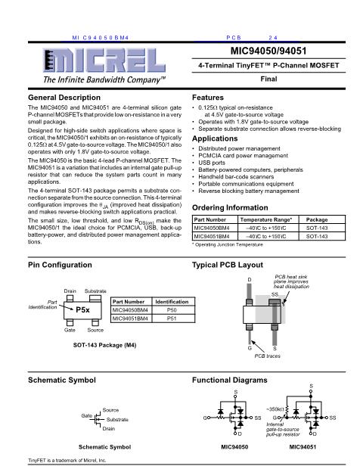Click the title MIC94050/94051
(268, 51)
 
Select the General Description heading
(64, 98)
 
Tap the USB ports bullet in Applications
(212, 163)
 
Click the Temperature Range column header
(266, 219)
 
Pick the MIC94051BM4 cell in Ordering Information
(212, 236)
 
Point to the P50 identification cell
(172, 310)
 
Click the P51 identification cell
(172, 318)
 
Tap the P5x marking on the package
(82, 309)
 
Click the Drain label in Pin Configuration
(70, 291)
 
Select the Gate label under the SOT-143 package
(70, 330)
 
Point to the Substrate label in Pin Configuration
(95, 291)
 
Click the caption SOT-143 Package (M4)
(104, 345)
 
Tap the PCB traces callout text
(267, 356)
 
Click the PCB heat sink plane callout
(291, 281)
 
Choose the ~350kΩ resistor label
(275, 409)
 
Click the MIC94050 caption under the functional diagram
(234, 446)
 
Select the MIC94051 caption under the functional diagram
(303, 446)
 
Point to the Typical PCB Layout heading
(228, 265)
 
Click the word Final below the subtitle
(268, 79)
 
